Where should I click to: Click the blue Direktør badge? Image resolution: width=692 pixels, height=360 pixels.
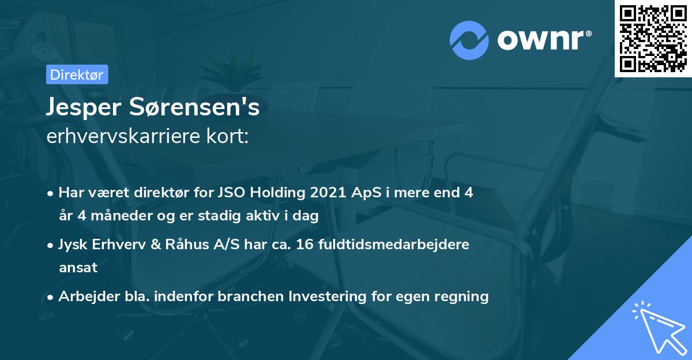(77, 74)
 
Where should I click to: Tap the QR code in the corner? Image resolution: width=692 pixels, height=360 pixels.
(653, 38)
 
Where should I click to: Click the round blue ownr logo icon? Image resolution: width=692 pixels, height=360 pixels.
(469, 40)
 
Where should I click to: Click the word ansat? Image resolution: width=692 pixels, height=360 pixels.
(78, 268)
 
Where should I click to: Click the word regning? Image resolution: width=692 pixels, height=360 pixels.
(461, 297)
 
